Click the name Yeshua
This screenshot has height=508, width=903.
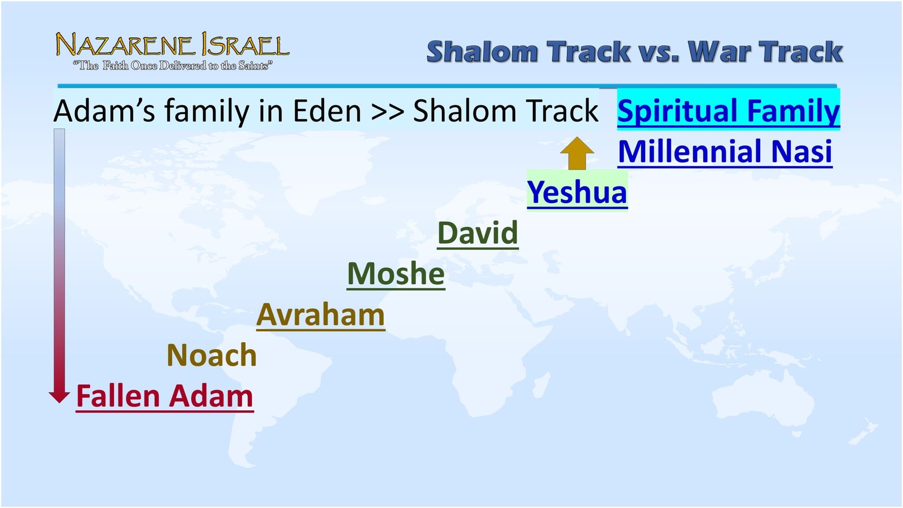point(577,192)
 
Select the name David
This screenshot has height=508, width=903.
point(477,233)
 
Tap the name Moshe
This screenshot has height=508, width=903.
point(396,274)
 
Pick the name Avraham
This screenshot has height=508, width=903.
point(321,315)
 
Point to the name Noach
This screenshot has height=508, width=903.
point(212,356)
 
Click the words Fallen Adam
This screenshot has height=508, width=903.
point(164,396)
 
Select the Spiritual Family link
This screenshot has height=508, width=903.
point(728,111)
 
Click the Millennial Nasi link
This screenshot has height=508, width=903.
point(725,152)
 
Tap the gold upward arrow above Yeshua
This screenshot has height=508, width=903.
point(577,153)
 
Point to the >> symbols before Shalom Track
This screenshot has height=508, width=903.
point(388,112)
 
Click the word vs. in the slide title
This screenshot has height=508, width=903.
point(659,52)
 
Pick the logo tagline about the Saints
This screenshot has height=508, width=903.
point(173,66)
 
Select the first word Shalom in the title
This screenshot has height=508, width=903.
point(482,52)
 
